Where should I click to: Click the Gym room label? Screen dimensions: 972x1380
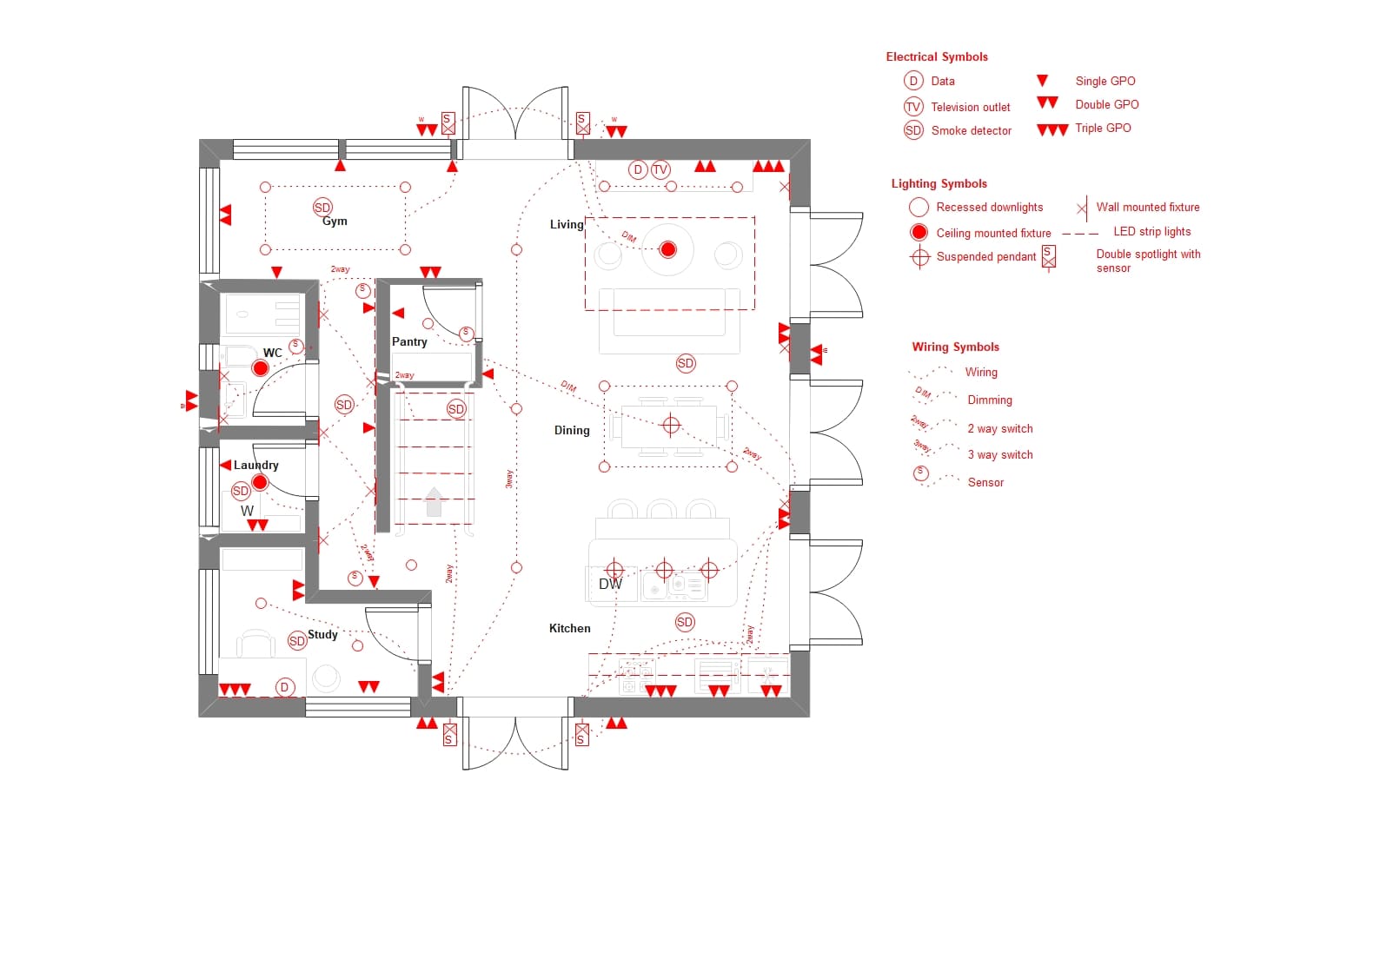click(x=335, y=222)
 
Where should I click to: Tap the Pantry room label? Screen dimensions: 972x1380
click(x=409, y=342)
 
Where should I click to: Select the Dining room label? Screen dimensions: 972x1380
click(x=572, y=431)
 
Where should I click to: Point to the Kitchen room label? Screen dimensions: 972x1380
click(x=569, y=629)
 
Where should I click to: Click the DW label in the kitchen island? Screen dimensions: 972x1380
click(x=610, y=585)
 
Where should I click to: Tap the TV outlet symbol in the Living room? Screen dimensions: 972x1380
click(x=660, y=170)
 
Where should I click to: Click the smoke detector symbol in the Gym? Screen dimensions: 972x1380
click(x=322, y=207)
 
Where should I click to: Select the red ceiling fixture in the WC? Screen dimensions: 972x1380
click(x=260, y=368)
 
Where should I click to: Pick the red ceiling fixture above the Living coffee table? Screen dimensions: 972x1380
click(x=667, y=250)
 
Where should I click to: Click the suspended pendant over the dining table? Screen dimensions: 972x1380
click(x=671, y=425)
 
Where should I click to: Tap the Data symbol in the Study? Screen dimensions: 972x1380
click(x=284, y=687)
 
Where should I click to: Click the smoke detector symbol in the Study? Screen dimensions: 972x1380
click(x=297, y=641)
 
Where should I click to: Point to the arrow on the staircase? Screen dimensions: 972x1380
click(x=434, y=501)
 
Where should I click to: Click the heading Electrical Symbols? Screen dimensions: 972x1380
click(x=936, y=57)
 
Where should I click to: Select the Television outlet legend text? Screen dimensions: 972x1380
click(x=970, y=108)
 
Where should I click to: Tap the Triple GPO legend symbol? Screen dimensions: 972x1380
click(x=1052, y=130)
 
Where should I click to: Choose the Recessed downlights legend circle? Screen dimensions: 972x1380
click(x=919, y=208)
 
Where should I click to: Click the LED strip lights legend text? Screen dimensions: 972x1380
click(x=1151, y=232)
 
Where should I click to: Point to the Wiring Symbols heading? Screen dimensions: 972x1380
click(x=955, y=347)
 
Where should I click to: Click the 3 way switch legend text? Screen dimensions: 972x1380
click(x=999, y=455)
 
